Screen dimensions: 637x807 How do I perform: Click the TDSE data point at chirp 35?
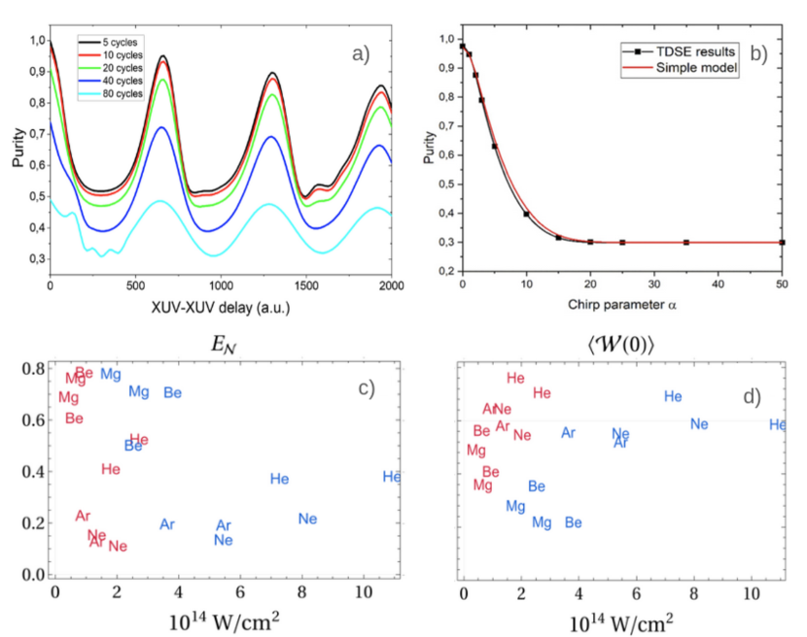coord(685,242)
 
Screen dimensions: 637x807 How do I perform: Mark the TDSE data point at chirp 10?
coord(526,214)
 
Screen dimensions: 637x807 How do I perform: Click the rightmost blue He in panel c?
coord(392,477)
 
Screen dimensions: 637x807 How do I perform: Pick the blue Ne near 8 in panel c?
coord(308,519)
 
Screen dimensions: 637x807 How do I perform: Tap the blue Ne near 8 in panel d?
coord(699,424)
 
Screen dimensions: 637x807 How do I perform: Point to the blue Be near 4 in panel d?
coord(574,522)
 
